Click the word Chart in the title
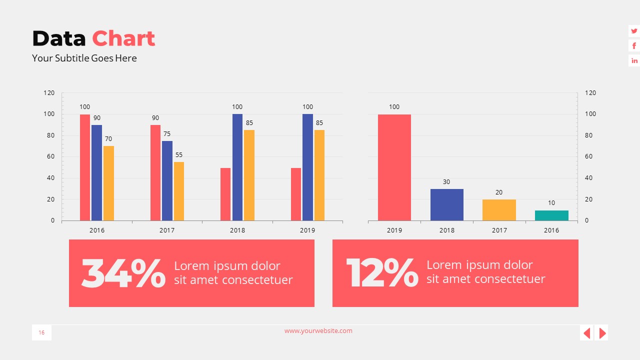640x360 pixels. tap(123, 38)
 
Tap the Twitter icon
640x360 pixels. tap(634, 31)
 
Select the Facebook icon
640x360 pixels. tap(634, 46)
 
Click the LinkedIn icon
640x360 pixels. tap(634, 61)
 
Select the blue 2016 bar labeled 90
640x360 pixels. tap(96, 172)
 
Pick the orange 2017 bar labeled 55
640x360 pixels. tap(179, 191)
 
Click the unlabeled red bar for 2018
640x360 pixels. tap(225, 194)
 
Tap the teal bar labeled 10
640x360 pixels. tap(551, 215)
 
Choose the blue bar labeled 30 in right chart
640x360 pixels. tap(447, 204)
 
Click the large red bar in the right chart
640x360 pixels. tap(394, 167)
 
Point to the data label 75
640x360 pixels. tap(167, 134)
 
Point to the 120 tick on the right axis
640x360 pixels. tap(590, 93)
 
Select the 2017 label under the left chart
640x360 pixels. tap(167, 230)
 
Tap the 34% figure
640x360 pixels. tap(123, 273)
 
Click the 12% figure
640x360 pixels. tap(382, 273)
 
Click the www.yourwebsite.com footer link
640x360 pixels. tap(318, 331)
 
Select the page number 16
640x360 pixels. tap(41, 333)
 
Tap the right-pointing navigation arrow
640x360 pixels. tap(602, 333)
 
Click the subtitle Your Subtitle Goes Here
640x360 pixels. tap(84, 58)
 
